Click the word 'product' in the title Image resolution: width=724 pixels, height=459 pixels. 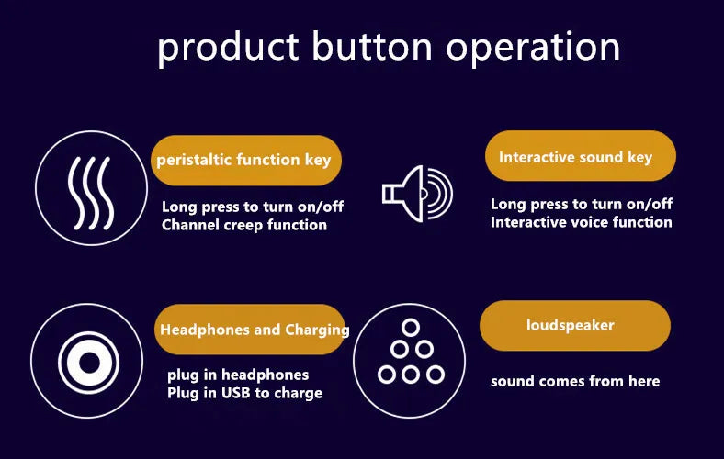[x=228, y=49]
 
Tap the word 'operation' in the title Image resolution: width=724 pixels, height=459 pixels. [x=532, y=49]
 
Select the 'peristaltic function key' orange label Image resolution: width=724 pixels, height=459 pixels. [x=246, y=161]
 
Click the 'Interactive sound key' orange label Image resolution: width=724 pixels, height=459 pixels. [x=581, y=156]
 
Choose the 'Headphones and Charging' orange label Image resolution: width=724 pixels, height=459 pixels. [x=250, y=330]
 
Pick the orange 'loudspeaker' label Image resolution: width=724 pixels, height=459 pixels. [x=575, y=326]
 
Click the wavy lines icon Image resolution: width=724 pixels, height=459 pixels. [x=91, y=193]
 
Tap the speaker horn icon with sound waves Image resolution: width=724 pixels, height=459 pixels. [x=417, y=194]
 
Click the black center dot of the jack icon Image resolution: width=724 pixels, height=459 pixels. [x=89, y=363]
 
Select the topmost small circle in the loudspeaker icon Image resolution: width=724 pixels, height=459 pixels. [x=410, y=328]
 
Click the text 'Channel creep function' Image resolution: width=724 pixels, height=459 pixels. [x=244, y=225]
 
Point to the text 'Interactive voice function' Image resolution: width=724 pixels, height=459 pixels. [x=582, y=222]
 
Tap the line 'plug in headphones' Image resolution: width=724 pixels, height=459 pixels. [x=238, y=375]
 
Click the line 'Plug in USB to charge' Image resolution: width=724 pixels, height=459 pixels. [x=244, y=393]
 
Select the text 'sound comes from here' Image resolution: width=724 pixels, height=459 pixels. [x=575, y=381]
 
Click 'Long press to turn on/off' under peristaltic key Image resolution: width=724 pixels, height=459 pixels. [x=253, y=207]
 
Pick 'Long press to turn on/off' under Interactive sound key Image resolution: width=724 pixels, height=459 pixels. [x=582, y=204]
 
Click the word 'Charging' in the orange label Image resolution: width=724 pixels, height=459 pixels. [x=317, y=330]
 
